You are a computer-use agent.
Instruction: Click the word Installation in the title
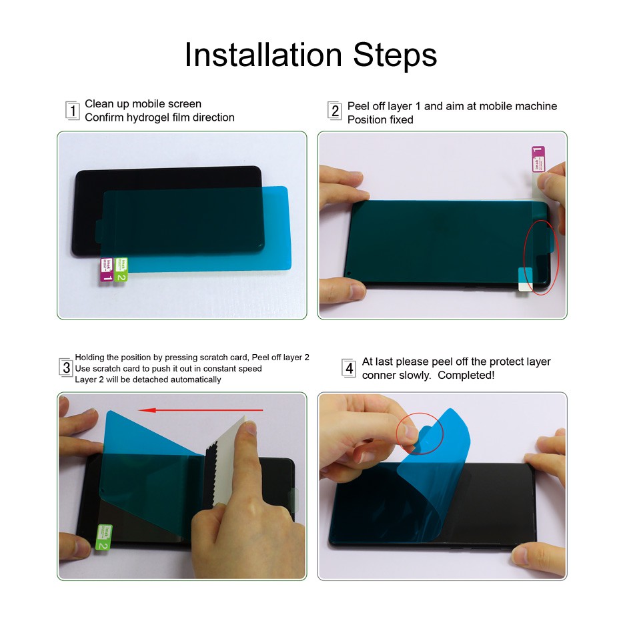point(263,55)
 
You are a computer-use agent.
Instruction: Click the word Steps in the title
point(395,55)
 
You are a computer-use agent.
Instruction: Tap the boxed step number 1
point(72,111)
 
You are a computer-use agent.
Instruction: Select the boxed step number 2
point(335,111)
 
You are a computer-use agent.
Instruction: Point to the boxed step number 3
point(66,368)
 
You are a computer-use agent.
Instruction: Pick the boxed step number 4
point(349,368)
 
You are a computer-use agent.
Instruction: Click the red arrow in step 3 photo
point(200,410)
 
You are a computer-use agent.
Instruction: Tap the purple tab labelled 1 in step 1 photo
point(107,269)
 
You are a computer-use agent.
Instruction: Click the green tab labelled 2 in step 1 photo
point(121,269)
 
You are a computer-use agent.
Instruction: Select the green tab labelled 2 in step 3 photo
point(104,537)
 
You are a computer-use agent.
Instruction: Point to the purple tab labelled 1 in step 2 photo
point(538,159)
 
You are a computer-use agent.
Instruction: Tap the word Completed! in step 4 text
point(466,375)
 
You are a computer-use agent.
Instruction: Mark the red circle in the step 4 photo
point(420,433)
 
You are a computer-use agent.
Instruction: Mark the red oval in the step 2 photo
point(541,257)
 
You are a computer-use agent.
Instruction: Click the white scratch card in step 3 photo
point(227,461)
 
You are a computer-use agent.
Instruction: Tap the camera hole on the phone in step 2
point(350,273)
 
